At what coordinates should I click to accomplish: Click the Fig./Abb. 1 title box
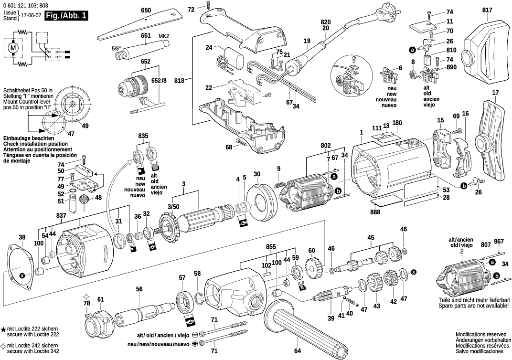pyautogui.click(x=66, y=15)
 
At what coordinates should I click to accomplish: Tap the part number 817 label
pyautogui.click(x=487, y=10)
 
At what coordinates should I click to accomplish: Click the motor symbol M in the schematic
pyautogui.click(x=13, y=47)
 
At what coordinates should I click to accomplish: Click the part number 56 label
pyautogui.click(x=139, y=288)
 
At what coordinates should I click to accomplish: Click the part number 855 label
pyautogui.click(x=271, y=246)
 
